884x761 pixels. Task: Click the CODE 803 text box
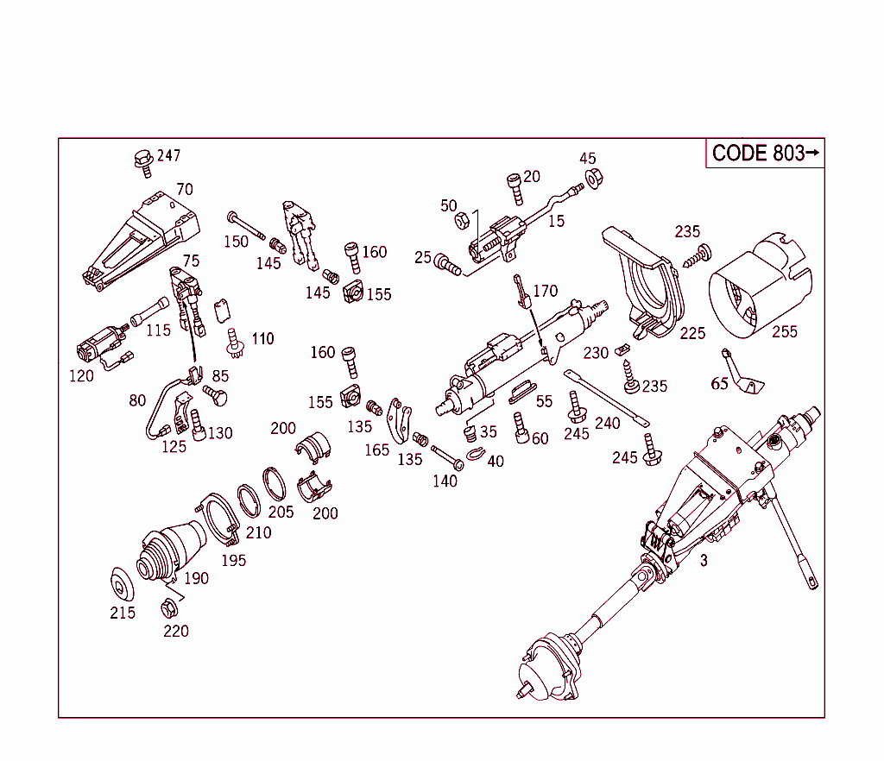[x=765, y=154]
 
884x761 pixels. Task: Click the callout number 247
[x=168, y=156]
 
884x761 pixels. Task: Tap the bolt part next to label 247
[x=142, y=161]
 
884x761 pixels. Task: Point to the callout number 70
[x=185, y=190]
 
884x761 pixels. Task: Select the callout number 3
[x=704, y=561]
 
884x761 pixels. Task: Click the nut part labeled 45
[x=594, y=179]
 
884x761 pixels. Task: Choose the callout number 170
[x=546, y=291]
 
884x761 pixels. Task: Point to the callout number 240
[x=608, y=424]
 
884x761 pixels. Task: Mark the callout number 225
[x=692, y=333]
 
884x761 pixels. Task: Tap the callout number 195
[x=233, y=560]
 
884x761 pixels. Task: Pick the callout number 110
[x=262, y=338]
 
